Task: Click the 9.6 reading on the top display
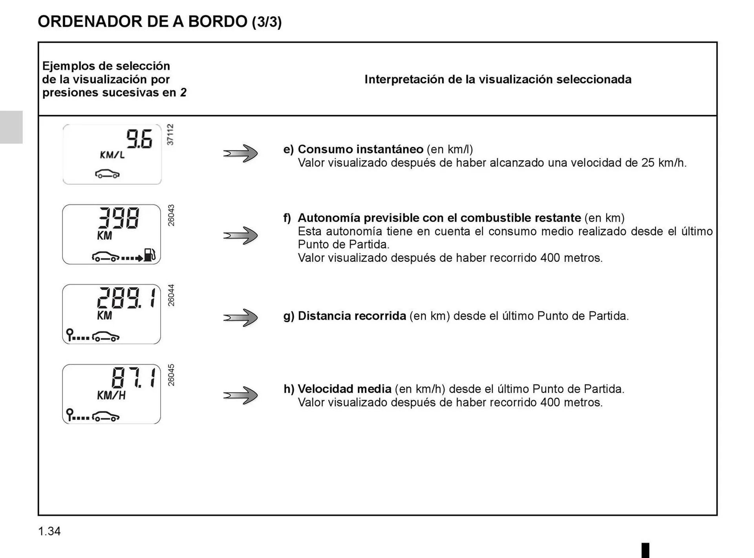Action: [139, 139]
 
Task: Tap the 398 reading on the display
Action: [118, 218]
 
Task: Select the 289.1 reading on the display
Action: [126, 298]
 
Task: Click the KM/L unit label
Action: [112, 155]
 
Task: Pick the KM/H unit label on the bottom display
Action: [111, 395]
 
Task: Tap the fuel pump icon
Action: [150, 255]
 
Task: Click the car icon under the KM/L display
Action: [107, 174]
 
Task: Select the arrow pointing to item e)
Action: [240, 153]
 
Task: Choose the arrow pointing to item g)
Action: [240, 317]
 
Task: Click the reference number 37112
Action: [170, 135]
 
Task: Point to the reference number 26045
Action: [171, 375]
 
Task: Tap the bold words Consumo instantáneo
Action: [360, 149]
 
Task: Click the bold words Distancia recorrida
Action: [351, 316]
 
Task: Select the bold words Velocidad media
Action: [344, 389]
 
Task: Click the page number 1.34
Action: [49, 531]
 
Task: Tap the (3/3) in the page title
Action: [267, 22]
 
